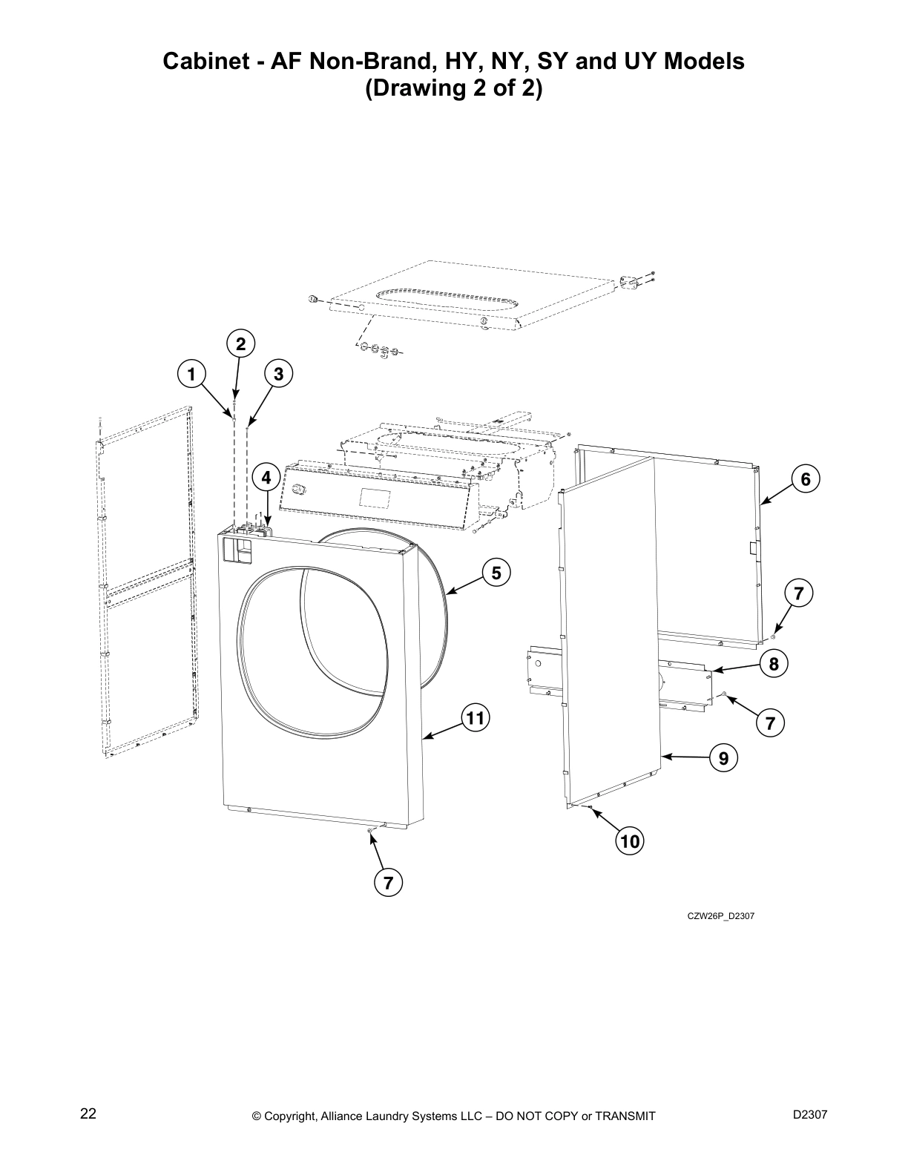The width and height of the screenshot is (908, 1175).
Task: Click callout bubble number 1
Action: (191, 374)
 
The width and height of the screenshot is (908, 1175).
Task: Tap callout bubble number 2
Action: (240, 343)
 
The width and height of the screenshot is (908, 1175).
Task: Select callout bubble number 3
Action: (278, 374)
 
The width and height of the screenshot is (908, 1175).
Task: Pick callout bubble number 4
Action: (266, 478)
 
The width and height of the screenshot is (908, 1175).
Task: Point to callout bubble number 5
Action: (496, 573)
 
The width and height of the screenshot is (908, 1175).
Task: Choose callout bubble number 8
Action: (774, 663)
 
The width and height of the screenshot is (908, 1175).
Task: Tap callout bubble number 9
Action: (723, 757)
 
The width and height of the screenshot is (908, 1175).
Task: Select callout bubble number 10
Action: (630, 841)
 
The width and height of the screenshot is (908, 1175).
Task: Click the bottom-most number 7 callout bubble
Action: (388, 882)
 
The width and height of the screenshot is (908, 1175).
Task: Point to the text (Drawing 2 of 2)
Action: (453, 89)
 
